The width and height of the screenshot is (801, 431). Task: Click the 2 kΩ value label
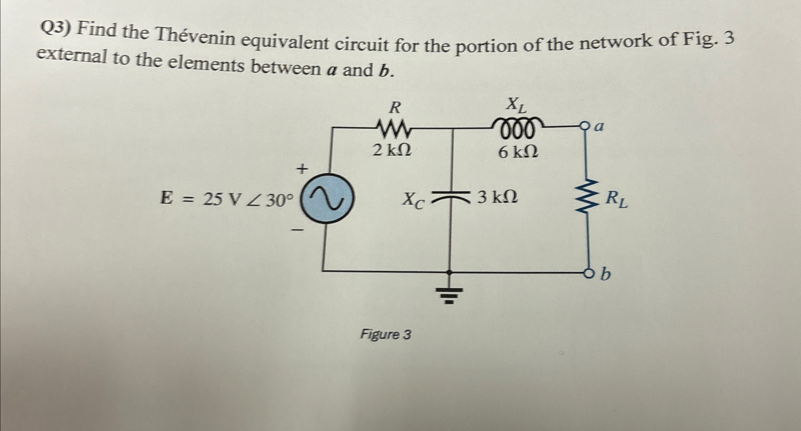point(392,151)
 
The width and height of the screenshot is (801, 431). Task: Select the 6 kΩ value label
point(518,152)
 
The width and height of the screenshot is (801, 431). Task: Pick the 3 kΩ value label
point(498,198)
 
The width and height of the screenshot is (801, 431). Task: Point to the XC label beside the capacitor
point(413,201)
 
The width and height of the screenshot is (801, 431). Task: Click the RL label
point(617,200)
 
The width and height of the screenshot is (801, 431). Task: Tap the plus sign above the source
point(302,169)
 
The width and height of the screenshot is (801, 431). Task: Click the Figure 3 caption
point(385,334)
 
